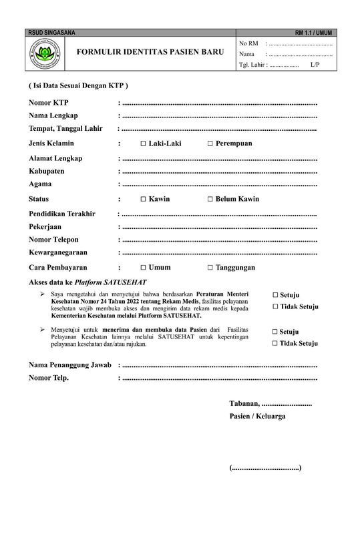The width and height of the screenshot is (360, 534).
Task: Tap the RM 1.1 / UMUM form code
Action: click(x=313, y=33)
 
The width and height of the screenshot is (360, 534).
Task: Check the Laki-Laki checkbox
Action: click(x=144, y=144)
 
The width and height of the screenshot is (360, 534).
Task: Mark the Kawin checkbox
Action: click(x=144, y=199)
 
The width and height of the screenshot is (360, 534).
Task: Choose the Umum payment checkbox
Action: click(x=144, y=268)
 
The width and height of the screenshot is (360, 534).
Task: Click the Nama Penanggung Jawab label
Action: click(x=69, y=365)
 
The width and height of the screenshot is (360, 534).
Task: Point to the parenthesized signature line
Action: click(x=265, y=468)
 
